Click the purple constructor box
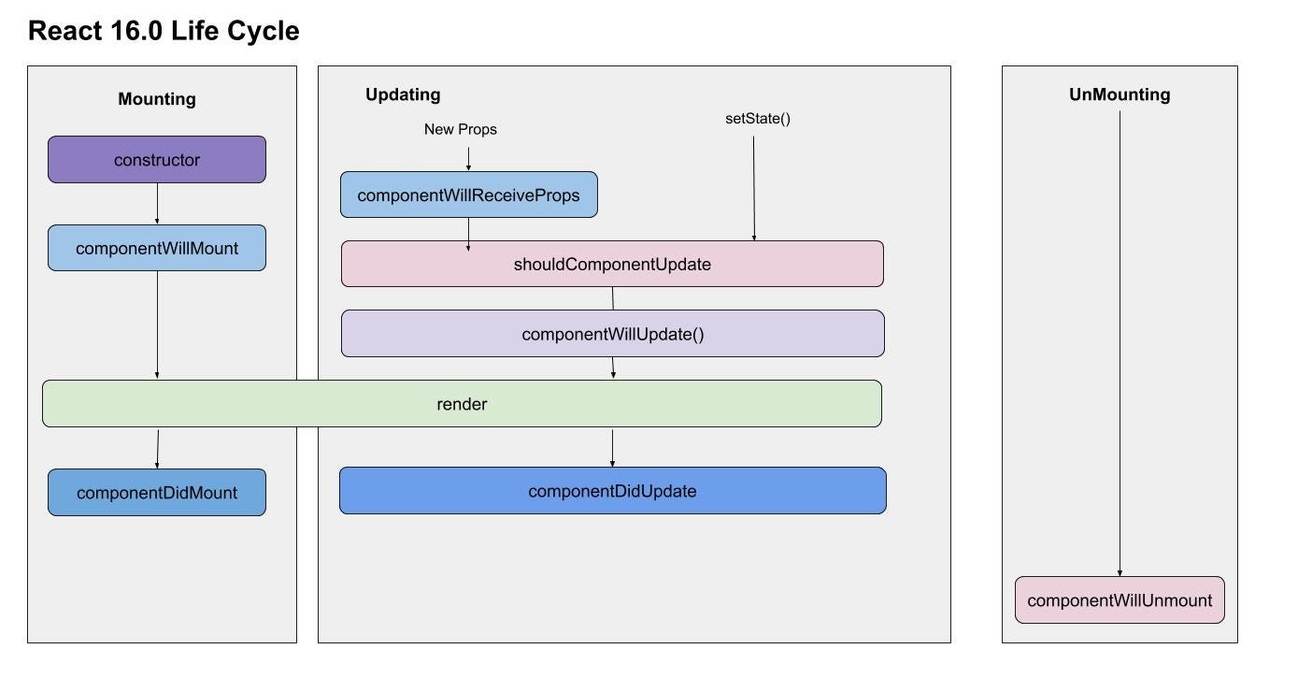[x=157, y=160]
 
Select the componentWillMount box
[x=157, y=249]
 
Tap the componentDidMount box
[x=157, y=493]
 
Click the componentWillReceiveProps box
[x=468, y=195]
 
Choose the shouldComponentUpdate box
[x=612, y=264]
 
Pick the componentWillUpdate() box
[x=612, y=334]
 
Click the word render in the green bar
[x=462, y=404]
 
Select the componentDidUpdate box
[x=612, y=491]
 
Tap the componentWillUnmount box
[x=1120, y=600]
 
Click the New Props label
[x=460, y=129]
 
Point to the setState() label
[x=758, y=119]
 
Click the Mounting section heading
[x=157, y=99]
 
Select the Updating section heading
[x=403, y=94]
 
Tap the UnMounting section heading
[x=1120, y=94]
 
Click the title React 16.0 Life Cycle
[x=164, y=31]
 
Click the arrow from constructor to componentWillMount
[x=157, y=204]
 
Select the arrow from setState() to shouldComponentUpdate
[x=754, y=183]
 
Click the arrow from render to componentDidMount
[x=158, y=448]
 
